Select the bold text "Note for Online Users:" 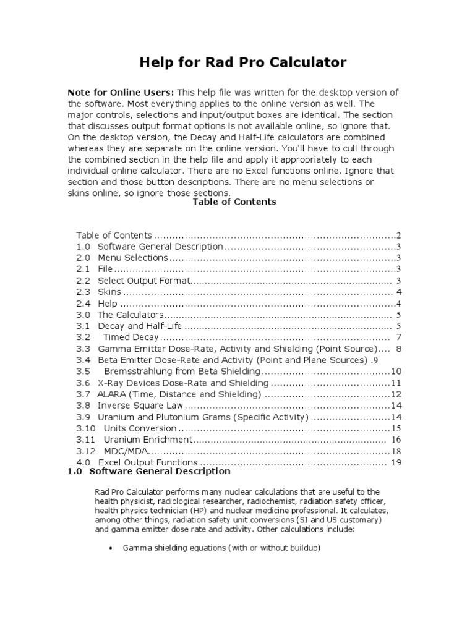121,92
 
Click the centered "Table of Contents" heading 234,202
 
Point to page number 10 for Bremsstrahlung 396,372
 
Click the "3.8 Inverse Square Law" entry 130,406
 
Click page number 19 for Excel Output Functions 396,462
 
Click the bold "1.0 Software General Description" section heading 148,471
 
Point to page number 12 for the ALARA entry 396,394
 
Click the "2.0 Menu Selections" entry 123,258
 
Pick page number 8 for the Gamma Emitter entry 400,349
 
